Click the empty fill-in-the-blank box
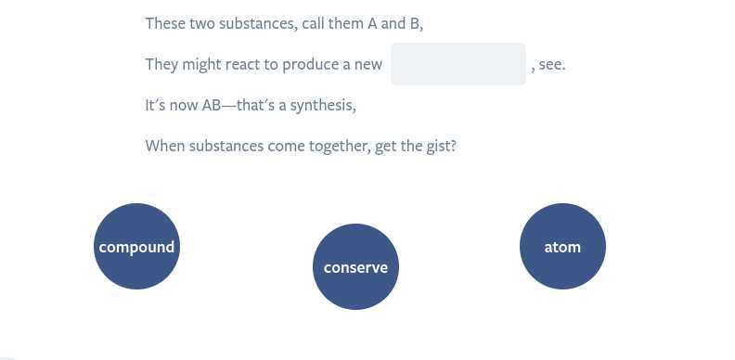click(x=458, y=64)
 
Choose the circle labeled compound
click(x=136, y=247)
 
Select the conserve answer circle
click(x=355, y=267)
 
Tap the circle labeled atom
click(x=562, y=247)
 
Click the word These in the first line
click(x=165, y=24)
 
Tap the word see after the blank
click(x=551, y=65)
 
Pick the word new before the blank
click(x=367, y=65)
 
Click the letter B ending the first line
click(x=414, y=24)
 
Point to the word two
click(x=202, y=24)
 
